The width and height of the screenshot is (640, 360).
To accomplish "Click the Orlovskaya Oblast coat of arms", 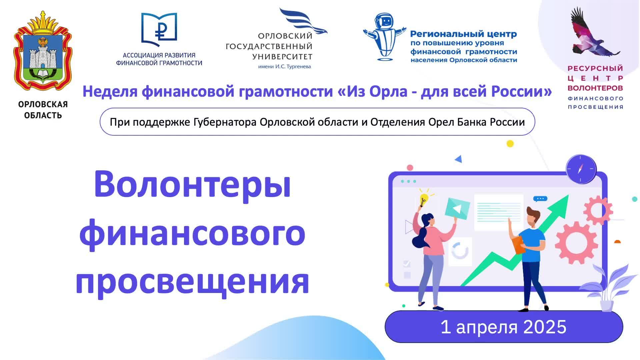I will tap(43, 53).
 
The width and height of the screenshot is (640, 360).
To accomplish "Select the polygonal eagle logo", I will tap(591, 33).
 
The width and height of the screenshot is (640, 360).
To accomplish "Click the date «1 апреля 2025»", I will tap(503, 327).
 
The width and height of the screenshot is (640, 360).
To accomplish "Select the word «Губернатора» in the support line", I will tap(225, 122).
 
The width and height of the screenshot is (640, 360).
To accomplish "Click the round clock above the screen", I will tap(581, 169).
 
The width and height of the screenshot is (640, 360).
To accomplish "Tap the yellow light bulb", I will tap(423, 199).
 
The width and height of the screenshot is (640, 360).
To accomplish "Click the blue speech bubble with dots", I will tap(540, 199).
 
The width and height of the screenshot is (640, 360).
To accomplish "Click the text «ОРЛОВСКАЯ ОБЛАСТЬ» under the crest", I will tap(43, 110).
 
